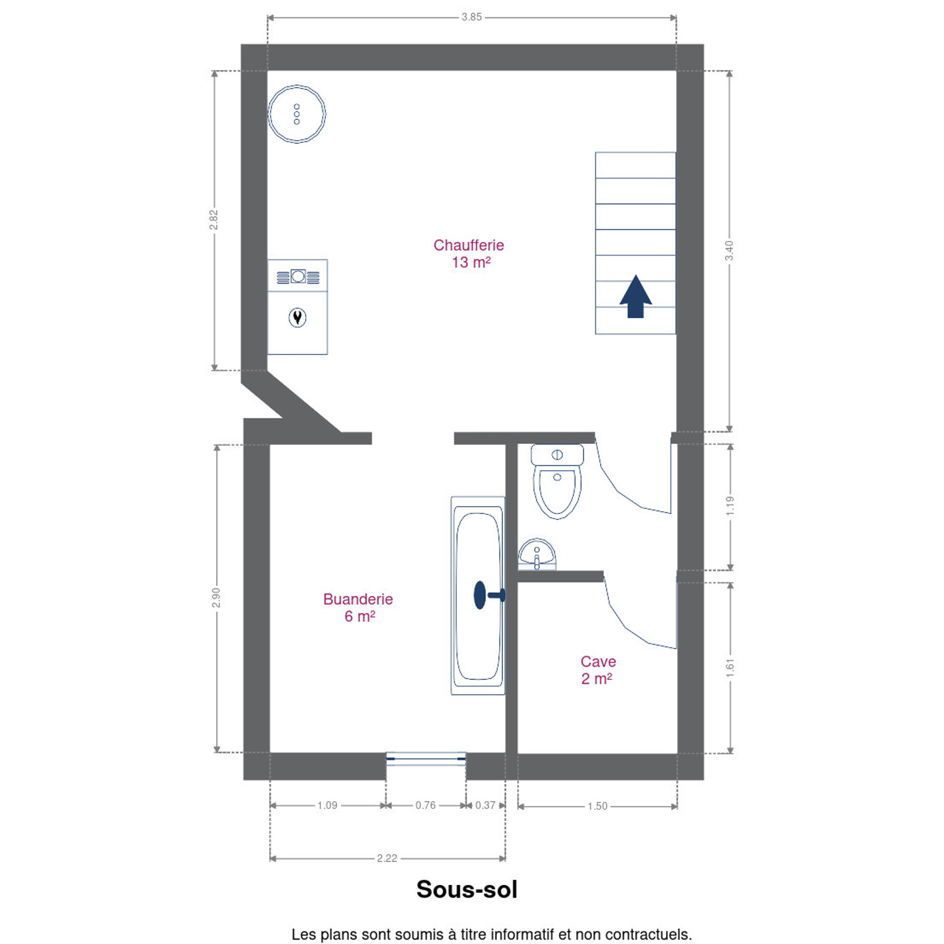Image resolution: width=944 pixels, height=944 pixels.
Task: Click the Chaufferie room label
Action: [x=468, y=254]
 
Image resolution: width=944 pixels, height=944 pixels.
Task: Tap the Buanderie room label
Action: [x=358, y=608]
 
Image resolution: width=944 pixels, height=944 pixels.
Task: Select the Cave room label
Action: [x=598, y=670]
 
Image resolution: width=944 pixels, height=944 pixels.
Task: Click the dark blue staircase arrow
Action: [x=635, y=296]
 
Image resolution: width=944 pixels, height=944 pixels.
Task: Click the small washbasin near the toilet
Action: [x=537, y=554]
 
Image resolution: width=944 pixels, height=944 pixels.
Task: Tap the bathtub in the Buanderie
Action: [x=478, y=596]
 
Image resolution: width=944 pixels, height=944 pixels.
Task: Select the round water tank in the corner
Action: [x=296, y=114]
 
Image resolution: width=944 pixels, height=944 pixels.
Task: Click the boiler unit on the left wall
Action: [x=298, y=307]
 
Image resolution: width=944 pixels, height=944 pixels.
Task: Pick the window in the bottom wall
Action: [x=425, y=759]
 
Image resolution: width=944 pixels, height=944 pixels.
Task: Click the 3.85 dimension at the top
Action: [x=471, y=17]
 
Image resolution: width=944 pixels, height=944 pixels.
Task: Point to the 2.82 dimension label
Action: [x=214, y=220]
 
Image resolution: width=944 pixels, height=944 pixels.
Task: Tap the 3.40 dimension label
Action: [x=730, y=251]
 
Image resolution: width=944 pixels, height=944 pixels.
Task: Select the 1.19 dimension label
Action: [x=730, y=506]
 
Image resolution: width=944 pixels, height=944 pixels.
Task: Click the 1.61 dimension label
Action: [x=730, y=668]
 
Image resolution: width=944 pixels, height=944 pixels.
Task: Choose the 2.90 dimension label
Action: [x=216, y=598]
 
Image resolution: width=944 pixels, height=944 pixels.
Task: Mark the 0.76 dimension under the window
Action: [x=425, y=806]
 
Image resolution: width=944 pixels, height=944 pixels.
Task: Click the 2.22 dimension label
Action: [x=387, y=858]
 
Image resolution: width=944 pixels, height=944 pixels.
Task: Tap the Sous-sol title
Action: [x=467, y=889]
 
